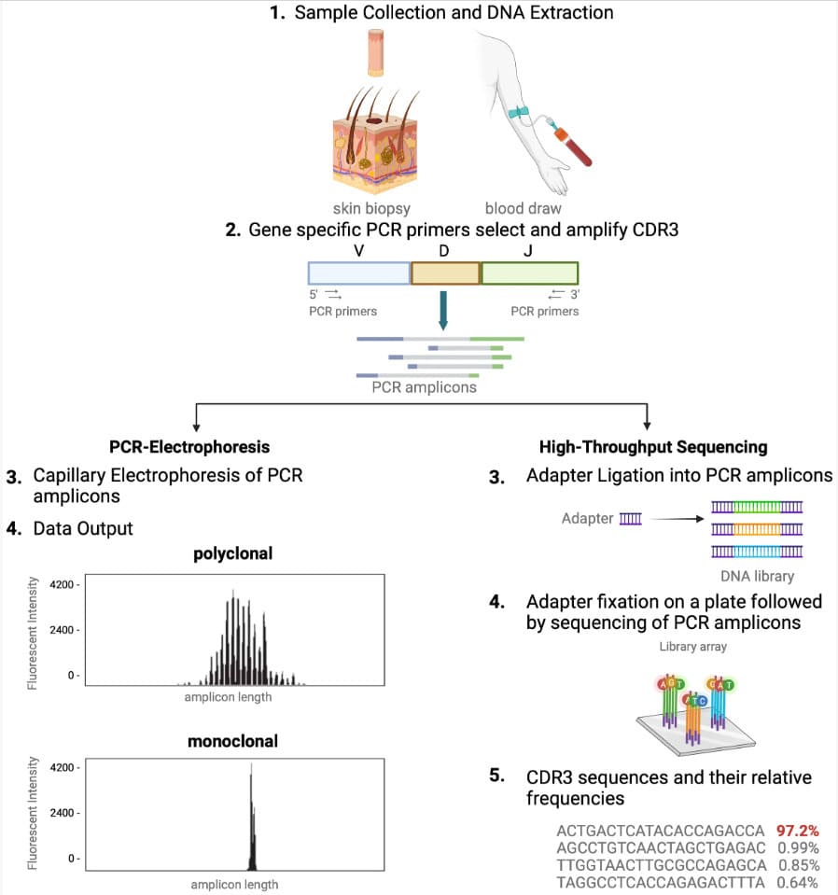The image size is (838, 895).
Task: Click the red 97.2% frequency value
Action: [x=797, y=830]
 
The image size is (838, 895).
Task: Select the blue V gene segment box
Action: [x=359, y=273]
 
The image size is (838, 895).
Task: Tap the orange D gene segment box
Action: [x=445, y=273]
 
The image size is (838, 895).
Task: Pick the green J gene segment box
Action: [x=529, y=273]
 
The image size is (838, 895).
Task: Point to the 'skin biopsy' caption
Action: [x=371, y=208]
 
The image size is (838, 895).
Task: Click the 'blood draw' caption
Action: [x=523, y=208]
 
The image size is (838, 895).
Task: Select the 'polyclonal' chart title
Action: [x=232, y=553]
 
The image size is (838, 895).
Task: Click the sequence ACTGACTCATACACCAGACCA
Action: [x=660, y=830]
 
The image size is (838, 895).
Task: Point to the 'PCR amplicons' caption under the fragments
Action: [x=424, y=386]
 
